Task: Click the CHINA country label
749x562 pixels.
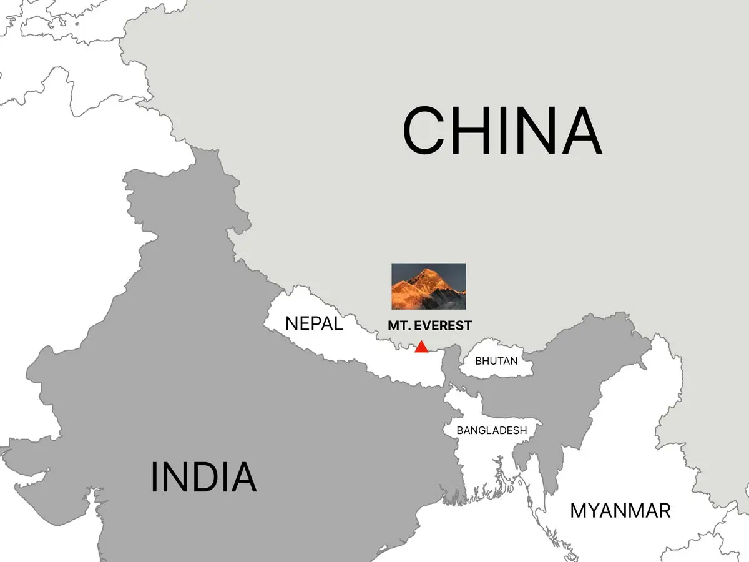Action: [x=502, y=131]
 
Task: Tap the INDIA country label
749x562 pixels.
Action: [x=203, y=477]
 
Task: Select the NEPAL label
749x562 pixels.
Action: [x=314, y=323]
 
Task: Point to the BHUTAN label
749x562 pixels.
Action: [x=496, y=361]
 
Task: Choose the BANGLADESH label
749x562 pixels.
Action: [x=492, y=430]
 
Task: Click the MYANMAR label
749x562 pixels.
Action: [x=620, y=511]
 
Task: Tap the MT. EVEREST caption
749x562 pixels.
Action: [x=429, y=325]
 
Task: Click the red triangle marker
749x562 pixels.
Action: [x=422, y=347]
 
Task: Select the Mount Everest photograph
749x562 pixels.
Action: [x=428, y=286]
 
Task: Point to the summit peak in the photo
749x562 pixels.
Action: [x=428, y=270]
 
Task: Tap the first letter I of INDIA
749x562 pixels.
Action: [x=154, y=477]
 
